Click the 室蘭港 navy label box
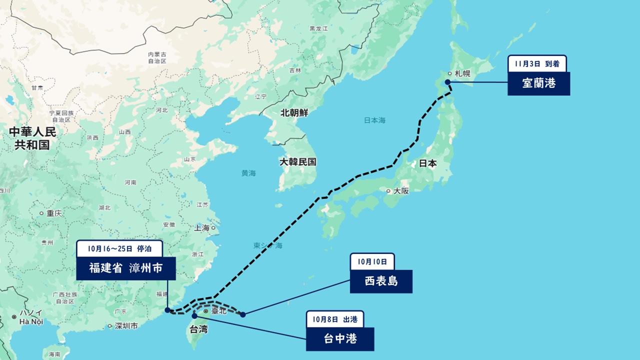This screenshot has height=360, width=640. click(x=538, y=83)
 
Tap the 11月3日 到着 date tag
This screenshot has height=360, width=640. click(x=537, y=63)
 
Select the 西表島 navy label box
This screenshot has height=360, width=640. click(x=381, y=281)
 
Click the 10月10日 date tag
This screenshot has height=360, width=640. click(x=372, y=261)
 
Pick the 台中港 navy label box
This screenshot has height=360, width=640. click(x=339, y=339)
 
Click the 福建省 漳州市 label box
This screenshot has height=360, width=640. click(x=126, y=268)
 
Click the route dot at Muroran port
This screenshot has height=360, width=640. click(x=447, y=82)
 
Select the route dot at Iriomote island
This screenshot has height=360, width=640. click(x=243, y=314)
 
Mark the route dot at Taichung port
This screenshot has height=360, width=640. click(x=194, y=316)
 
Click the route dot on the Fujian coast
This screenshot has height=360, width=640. click(x=167, y=310)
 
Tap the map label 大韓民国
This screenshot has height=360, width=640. click(x=298, y=162)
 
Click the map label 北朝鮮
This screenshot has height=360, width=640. click(x=294, y=113)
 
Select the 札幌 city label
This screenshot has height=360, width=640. click(x=462, y=73)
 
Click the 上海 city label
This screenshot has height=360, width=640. click(x=202, y=228)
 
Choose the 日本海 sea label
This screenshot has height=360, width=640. click(x=374, y=120)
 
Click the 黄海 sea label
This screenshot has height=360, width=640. click(x=248, y=173)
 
